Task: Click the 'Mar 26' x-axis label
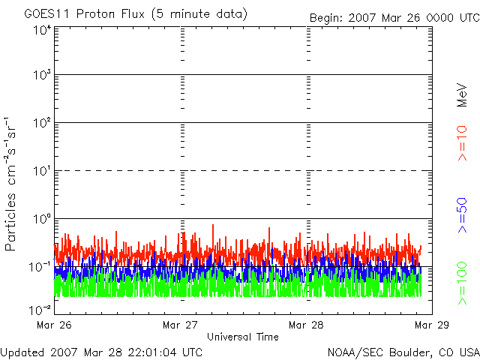point(53,325)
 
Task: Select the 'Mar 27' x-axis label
point(180,325)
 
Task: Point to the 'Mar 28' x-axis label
point(307,325)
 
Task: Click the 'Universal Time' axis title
point(242,337)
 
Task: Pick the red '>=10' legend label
point(463,143)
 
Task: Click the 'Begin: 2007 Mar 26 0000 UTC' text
point(393,16)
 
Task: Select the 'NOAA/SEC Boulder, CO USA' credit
point(403,351)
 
